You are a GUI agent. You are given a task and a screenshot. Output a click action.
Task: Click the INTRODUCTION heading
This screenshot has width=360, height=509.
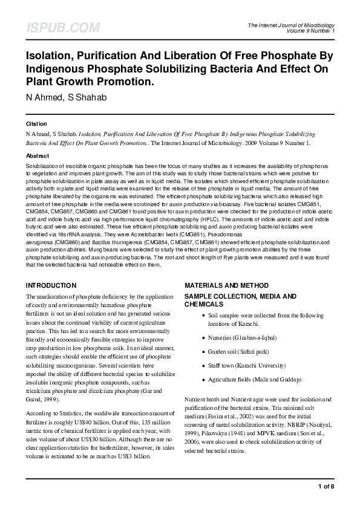tap(51, 285)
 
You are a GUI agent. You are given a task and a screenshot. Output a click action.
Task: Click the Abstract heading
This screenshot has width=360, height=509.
tap(37, 155)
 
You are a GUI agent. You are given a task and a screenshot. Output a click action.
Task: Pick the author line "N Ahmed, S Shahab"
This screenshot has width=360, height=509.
tap(66, 97)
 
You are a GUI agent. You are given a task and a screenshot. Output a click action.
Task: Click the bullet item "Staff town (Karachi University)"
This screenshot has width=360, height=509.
tap(247, 366)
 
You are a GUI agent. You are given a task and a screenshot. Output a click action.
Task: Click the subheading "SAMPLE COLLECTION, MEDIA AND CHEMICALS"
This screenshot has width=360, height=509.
tap(240, 300)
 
